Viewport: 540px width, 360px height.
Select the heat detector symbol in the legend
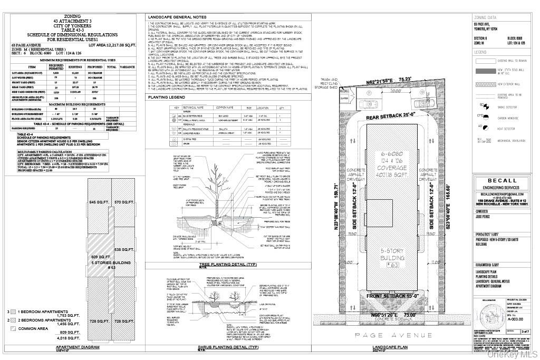pyautogui.click(x=480, y=127)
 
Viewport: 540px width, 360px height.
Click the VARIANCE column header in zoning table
pyautogui.click(x=127, y=67)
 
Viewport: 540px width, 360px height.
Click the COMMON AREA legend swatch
pyautogui.click(x=13, y=328)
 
